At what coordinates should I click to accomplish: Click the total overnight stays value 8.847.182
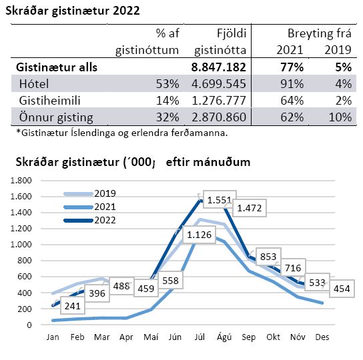tap(219, 67)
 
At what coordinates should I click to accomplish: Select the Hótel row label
tap(34, 84)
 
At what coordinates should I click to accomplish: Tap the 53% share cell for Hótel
tap(167, 84)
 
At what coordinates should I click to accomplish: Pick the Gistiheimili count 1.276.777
tap(219, 101)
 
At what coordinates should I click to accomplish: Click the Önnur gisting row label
tap(56, 117)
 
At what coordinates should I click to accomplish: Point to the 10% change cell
tap(340, 117)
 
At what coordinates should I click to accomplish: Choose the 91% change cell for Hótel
tap(292, 84)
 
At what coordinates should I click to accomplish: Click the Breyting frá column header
tap(320, 33)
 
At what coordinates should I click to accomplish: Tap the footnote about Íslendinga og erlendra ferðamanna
tap(122, 133)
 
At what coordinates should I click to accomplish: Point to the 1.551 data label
tap(220, 200)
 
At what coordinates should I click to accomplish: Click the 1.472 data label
tap(250, 208)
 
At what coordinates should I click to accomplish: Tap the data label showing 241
tap(73, 306)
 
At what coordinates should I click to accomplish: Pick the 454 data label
tap(342, 289)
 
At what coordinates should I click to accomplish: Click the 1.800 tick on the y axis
tap(21, 181)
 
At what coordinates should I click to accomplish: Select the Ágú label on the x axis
tap(224, 337)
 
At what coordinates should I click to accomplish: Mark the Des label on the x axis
tap(322, 337)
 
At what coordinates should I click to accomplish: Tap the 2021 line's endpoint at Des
tap(322, 303)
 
